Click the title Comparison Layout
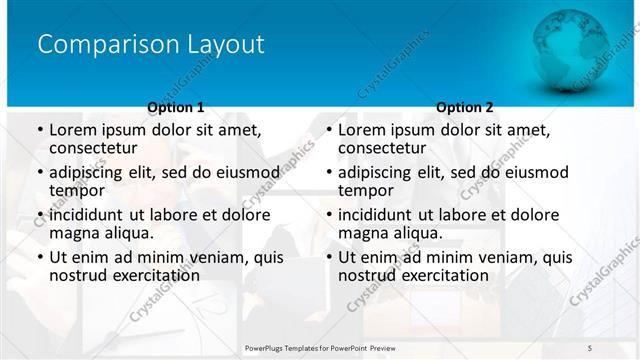(x=151, y=45)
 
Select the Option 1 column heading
(x=176, y=107)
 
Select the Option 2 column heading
(x=465, y=107)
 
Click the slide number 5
(x=591, y=346)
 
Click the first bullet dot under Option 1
(x=39, y=130)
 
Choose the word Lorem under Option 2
(x=361, y=129)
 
